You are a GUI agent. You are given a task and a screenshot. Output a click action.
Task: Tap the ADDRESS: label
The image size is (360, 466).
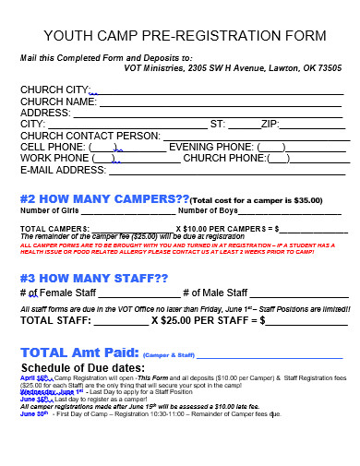click(46, 113)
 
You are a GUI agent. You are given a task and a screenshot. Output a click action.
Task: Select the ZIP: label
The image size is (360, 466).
click(270, 124)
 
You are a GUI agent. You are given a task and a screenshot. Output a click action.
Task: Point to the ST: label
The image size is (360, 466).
click(218, 124)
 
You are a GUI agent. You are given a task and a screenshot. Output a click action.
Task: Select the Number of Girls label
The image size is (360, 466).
click(47, 210)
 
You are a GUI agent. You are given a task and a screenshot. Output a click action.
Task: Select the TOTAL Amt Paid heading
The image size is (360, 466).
click(78, 353)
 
